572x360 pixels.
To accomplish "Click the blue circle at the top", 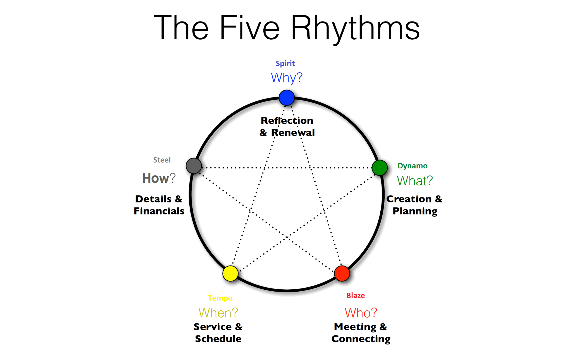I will click(287, 98).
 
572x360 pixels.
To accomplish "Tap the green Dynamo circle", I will click(380, 168).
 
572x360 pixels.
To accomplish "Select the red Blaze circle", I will click(342, 273).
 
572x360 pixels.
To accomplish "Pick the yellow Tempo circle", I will click(230, 273).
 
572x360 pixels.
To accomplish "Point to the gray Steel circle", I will click(194, 166).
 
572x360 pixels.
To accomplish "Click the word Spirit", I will click(285, 64).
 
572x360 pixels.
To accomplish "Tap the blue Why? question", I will click(287, 78).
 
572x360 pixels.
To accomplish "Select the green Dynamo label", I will click(413, 166).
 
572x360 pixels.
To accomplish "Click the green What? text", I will click(415, 181).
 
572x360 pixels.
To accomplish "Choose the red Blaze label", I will click(356, 295).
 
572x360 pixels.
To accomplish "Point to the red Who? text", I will click(361, 313).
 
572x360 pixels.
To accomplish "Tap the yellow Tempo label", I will click(220, 298).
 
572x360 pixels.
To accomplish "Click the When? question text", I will click(218, 313).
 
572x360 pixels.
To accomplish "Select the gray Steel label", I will click(162, 160).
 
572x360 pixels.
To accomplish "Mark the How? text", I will click(159, 178).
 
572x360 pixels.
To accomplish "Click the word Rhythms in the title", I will click(355, 28).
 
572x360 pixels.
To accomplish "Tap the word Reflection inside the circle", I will click(287, 121).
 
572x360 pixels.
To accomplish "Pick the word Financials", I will click(159, 211).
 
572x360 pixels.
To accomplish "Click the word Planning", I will click(415, 211).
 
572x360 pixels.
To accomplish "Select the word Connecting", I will click(361, 339).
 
